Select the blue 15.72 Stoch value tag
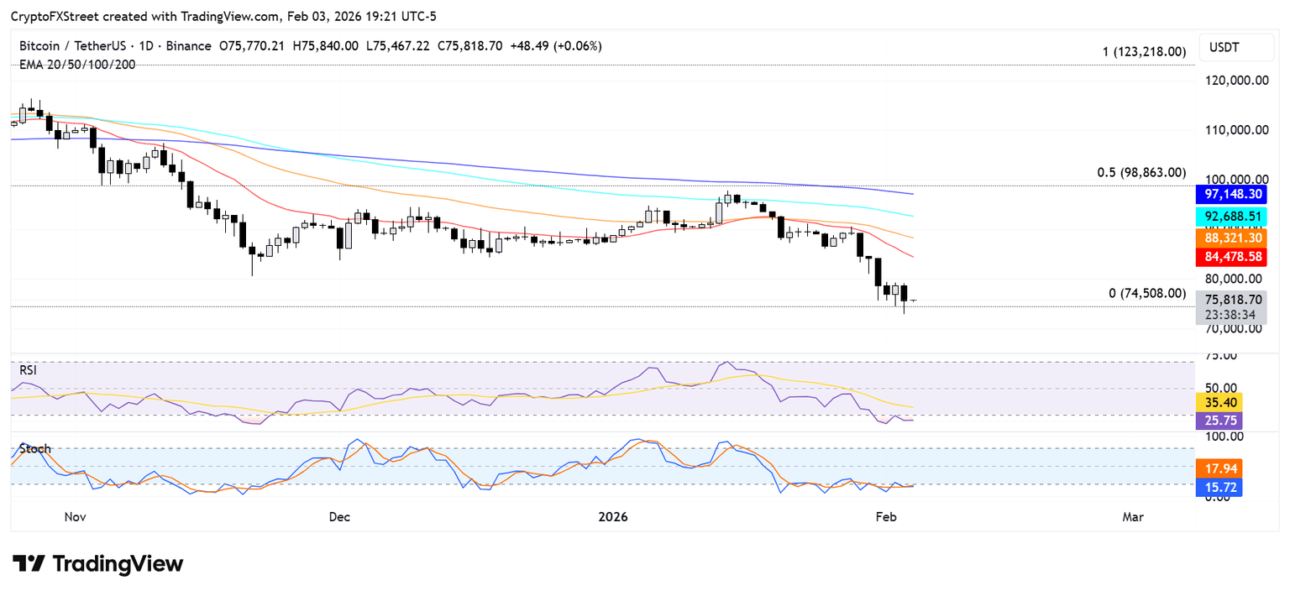click(1218, 487)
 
